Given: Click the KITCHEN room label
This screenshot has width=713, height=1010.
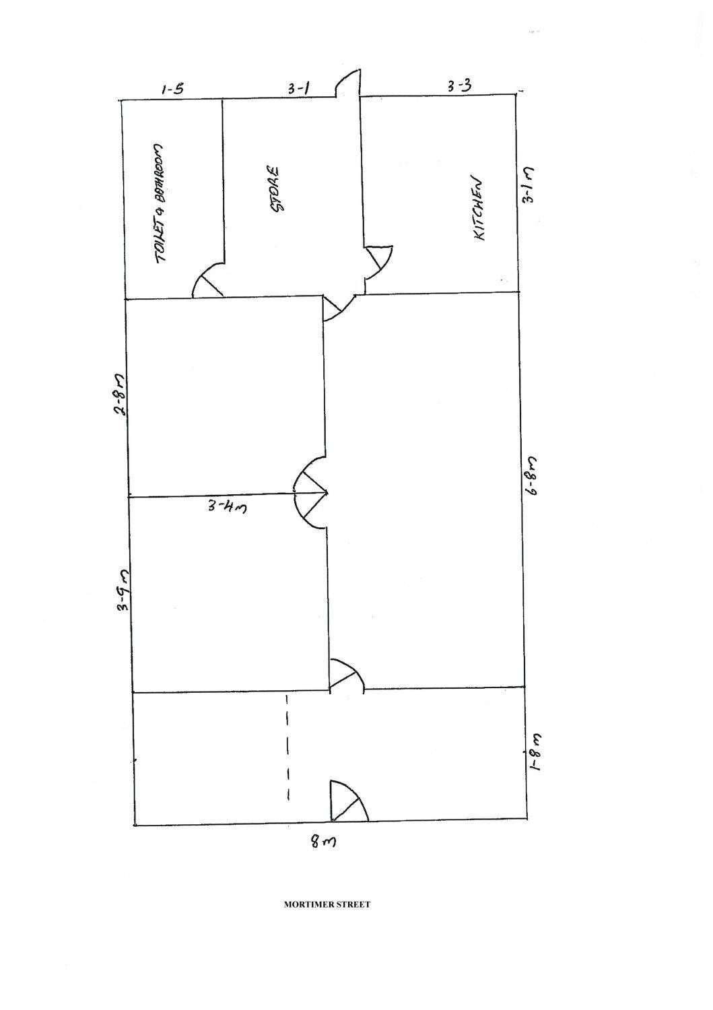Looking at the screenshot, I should pyautogui.click(x=480, y=209).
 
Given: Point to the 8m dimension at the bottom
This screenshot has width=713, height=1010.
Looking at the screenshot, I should pyautogui.click(x=322, y=842).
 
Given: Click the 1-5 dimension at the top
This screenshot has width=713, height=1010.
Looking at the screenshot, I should pyautogui.click(x=172, y=89).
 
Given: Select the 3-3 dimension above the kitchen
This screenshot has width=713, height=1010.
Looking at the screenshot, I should pyautogui.click(x=459, y=86).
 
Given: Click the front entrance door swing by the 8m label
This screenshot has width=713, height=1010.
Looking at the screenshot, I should pyautogui.click(x=347, y=803).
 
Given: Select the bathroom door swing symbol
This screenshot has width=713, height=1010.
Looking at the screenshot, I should pyautogui.click(x=209, y=283).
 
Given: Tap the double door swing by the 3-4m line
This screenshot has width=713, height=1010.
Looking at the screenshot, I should pyautogui.click(x=312, y=494).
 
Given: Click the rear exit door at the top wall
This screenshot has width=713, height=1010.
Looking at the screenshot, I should pyautogui.click(x=349, y=83).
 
